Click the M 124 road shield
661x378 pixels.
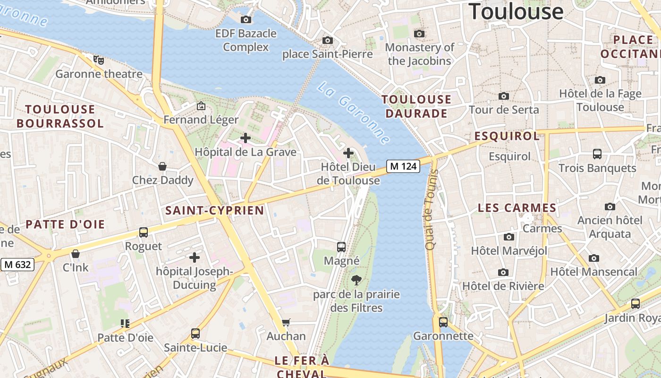click(403, 166)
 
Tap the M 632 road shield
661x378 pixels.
click(17, 265)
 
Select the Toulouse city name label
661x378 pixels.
click(516, 11)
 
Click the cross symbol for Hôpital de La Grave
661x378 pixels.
click(245, 138)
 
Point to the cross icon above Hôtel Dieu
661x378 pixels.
click(348, 153)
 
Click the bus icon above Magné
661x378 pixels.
click(341, 247)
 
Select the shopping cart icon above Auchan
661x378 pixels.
click(286, 323)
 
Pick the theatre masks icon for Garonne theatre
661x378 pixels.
click(98, 60)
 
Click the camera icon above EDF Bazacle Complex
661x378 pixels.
click(246, 19)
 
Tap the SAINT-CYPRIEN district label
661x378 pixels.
click(214, 210)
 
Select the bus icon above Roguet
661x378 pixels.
click(143, 232)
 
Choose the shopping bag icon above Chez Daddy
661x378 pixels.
click(162, 166)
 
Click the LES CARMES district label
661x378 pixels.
click(517, 208)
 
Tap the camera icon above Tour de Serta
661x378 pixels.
click(504, 96)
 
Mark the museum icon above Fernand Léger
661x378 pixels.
click(201, 106)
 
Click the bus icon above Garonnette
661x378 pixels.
click(443, 322)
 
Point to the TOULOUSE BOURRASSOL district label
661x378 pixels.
click(60, 116)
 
